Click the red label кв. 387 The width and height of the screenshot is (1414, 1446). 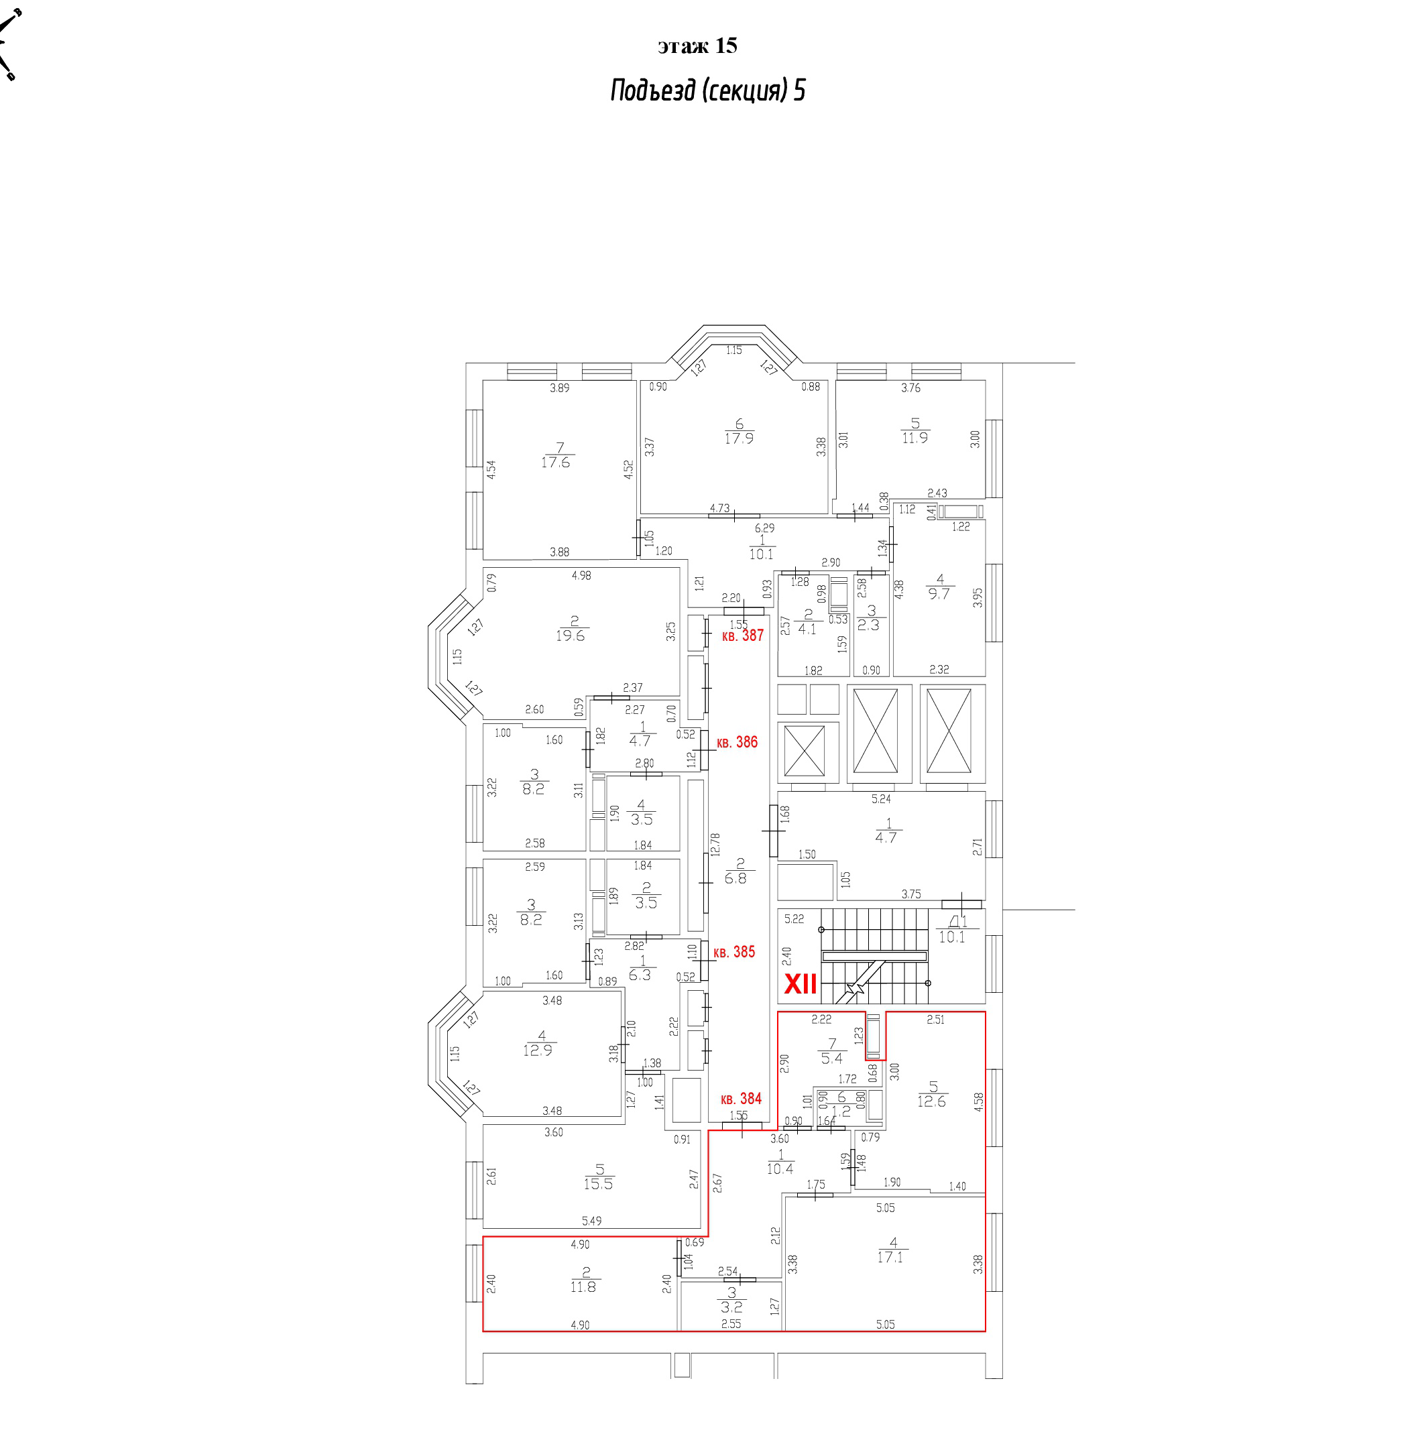[743, 636]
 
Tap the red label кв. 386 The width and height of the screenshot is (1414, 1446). [737, 742]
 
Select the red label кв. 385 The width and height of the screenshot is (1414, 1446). [733, 952]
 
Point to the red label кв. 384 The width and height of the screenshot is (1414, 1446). [741, 1099]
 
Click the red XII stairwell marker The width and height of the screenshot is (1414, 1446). [801, 984]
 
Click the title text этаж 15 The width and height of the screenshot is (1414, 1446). [697, 46]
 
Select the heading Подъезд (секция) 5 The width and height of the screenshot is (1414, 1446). [708, 90]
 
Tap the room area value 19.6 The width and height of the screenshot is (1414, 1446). [571, 636]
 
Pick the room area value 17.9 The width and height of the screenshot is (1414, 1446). [739, 438]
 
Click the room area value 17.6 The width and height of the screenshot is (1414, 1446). [556, 462]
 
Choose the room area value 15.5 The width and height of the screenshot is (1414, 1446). [599, 1184]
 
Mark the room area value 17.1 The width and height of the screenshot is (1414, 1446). [890, 1258]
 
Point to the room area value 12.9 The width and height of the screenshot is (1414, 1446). [538, 1051]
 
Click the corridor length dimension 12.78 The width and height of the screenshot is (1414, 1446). [715, 845]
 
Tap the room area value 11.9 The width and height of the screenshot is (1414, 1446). [915, 438]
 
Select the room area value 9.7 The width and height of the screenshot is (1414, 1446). [939, 594]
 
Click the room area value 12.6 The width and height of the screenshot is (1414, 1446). [932, 1101]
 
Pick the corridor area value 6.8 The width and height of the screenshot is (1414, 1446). [736, 878]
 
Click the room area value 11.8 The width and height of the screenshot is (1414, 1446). [583, 1287]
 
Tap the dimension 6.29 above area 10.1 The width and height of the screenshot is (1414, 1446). [764, 528]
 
